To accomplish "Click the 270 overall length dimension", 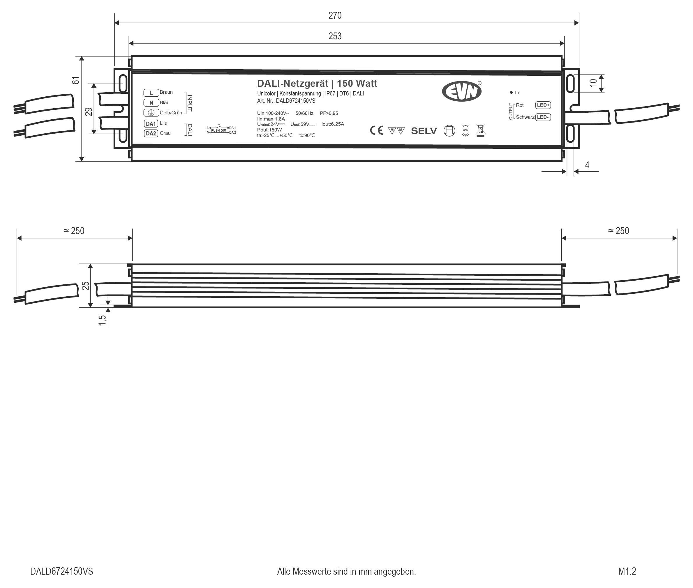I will (x=335, y=15).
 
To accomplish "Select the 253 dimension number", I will (x=335, y=36).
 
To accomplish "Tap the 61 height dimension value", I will (x=76, y=80).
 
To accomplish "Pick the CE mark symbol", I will (x=377, y=130).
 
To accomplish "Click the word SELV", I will (x=424, y=131).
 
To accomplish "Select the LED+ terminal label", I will (x=543, y=105).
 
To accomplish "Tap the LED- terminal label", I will (x=543, y=117).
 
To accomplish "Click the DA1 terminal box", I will (x=151, y=124).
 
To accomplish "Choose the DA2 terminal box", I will (x=151, y=133).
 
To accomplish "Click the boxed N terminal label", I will (x=151, y=103).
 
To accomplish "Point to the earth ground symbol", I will (x=151, y=113).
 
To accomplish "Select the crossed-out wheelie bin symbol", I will (x=481, y=130).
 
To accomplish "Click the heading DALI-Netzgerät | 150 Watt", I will (x=317, y=83).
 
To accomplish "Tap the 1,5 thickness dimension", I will (x=102, y=320).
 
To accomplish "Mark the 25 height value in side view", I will (x=86, y=285).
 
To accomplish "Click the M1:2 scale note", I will (x=627, y=571).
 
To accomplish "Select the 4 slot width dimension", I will (x=587, y=165).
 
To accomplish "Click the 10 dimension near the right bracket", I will (x=593, y=83).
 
